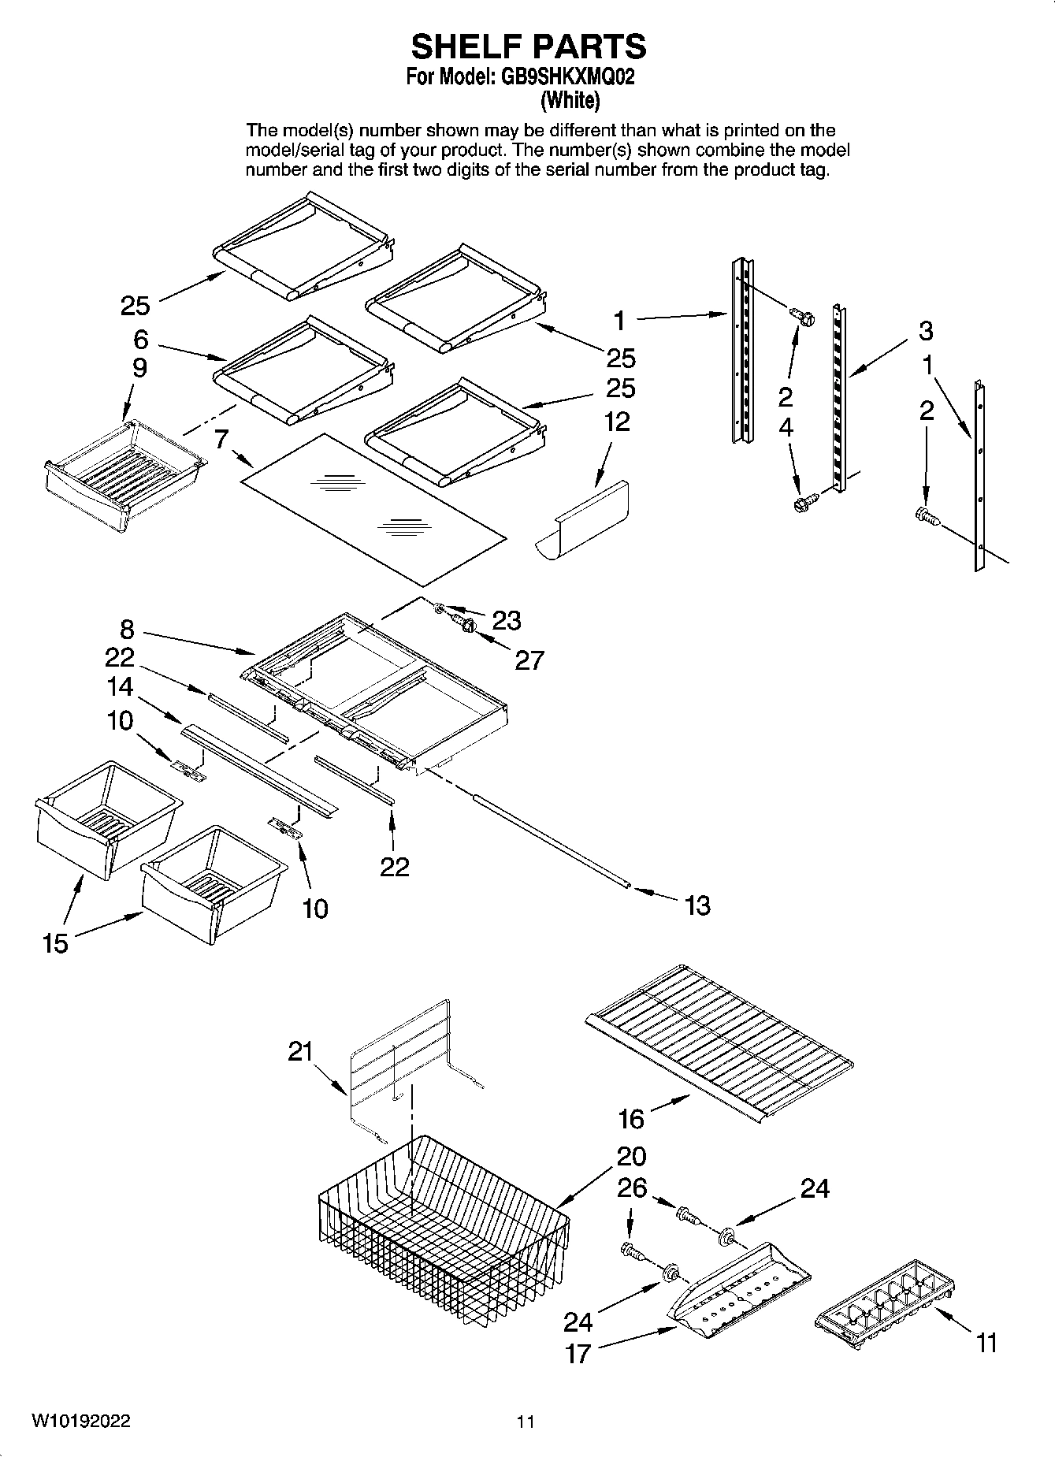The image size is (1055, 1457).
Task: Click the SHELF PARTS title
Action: pos(528,47)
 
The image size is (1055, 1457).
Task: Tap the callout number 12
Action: pos(617,422)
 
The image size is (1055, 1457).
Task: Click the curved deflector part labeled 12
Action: pos(587,521)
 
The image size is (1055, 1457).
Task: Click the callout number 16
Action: pos(631,1118)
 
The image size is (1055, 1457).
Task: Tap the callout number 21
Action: pos(300,1051)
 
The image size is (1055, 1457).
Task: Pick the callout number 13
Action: pos(698,905)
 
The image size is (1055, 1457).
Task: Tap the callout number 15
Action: pos(55,942)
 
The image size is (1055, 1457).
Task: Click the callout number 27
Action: pos(529,660)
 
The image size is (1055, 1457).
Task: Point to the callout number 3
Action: pos(926,331)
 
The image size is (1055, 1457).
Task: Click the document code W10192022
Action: pos(82,1421)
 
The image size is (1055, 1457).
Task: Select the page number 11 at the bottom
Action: pos(526,1422)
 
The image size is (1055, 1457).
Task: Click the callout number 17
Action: pos(578,1354)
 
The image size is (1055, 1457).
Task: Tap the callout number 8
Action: pos(127,630)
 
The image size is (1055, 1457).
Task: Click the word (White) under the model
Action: pos(569,100)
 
